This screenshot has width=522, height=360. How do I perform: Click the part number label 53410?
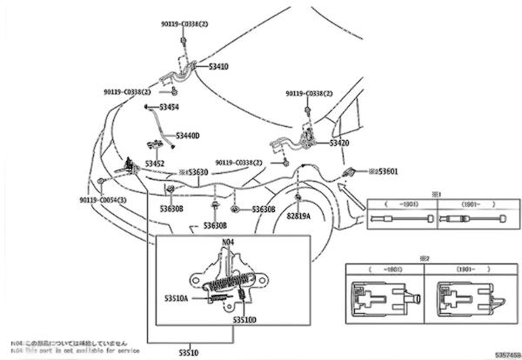tap(218, 65)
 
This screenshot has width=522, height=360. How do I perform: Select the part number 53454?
tap(168, 106)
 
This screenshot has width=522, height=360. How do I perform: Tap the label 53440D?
tap(187, 136)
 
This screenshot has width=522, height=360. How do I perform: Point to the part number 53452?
tap(155, 163)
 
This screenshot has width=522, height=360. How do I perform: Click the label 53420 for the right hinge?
tap(339, 142)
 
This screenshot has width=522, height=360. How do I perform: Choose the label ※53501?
tap(383, 171)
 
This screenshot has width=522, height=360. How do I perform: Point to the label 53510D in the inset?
tap(244, 319)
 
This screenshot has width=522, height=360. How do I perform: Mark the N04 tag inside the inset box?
tap(228, 243)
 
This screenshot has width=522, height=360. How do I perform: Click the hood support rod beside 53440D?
tap(158, 122)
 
